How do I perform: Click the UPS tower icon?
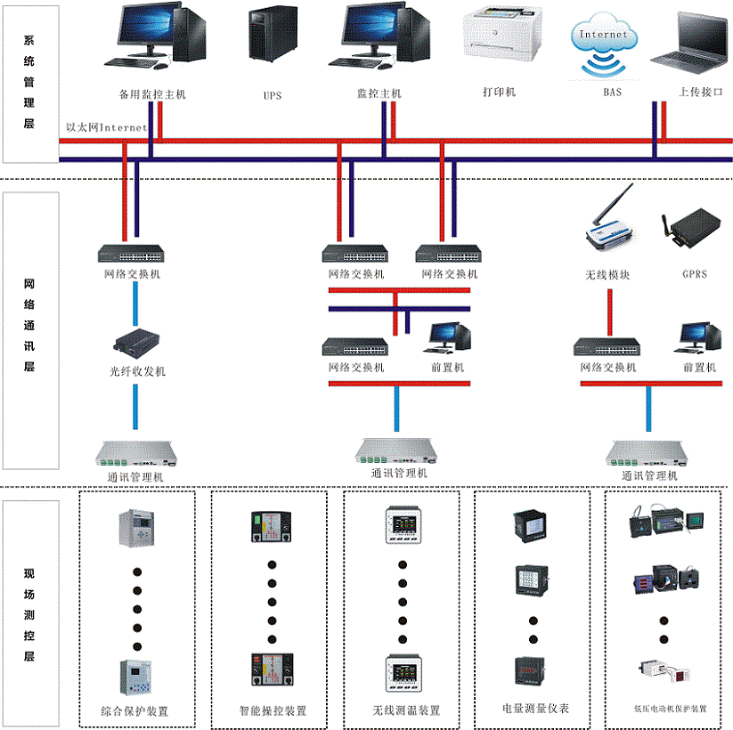[x=273, y=36]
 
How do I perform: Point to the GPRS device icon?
[x=691, y=229]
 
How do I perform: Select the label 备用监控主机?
[x=152, y=93]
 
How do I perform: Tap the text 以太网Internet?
[x=106, y=127]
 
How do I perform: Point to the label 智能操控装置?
[x=273, y=710]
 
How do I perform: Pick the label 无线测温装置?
[x=406, y=710]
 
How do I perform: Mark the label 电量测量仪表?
[x=535, y=709]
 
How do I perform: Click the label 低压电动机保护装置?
[x=670, y=709]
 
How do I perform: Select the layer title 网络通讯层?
[x=29, y=325]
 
